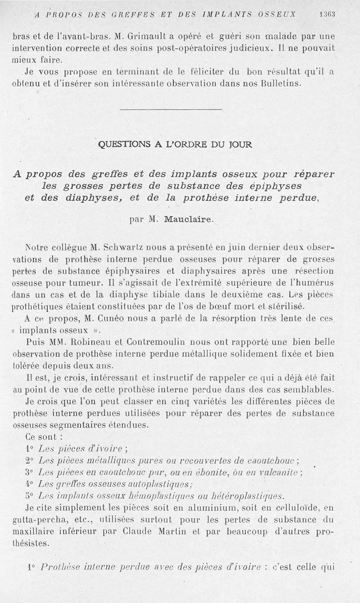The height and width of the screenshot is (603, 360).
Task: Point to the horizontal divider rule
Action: [171, 109]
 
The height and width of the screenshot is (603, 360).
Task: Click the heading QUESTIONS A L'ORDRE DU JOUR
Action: [175, 145]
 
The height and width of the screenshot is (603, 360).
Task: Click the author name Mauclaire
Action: [189, 220]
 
